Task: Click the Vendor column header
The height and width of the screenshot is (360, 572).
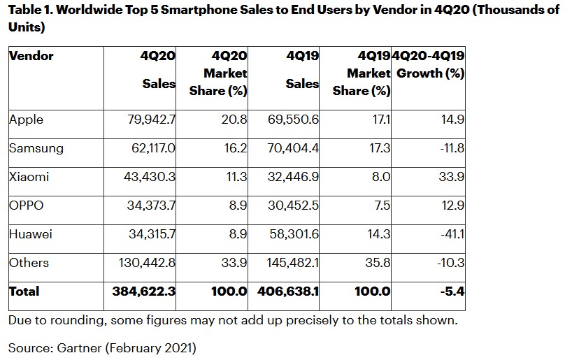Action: [x=31, y=56]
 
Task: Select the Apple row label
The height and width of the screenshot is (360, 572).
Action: [x=27, y=120]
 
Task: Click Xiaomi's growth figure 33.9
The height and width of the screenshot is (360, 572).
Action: [x=452, y=177]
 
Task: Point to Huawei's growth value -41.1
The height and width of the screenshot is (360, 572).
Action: [x=451, y=234]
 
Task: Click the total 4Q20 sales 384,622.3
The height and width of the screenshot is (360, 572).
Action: [x=143, y=291]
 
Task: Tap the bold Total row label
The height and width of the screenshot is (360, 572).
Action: [x=24, y=291]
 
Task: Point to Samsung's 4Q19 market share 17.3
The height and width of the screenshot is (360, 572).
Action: [x=378, y=148]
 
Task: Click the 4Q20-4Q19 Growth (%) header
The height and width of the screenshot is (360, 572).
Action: [x=431, y=64]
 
